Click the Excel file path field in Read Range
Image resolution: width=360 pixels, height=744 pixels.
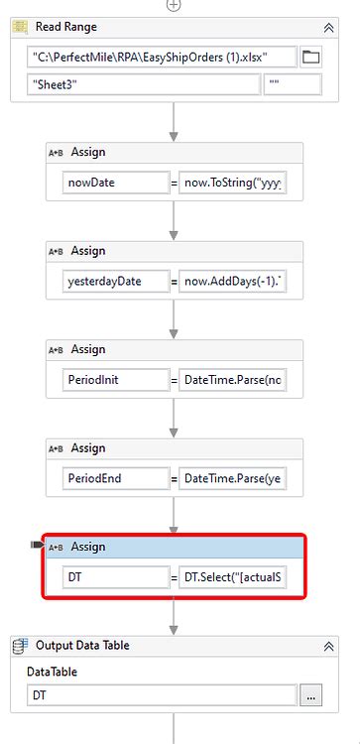click(x=163, y=57)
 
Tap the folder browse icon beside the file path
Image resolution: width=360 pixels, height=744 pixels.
click(x=311, y=57)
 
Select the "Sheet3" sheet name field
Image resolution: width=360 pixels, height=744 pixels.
click(x=143, y=85)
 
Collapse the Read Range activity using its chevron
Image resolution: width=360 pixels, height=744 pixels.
click(x=328, y=28)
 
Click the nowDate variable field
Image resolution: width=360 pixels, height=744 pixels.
click(x=117, y=183)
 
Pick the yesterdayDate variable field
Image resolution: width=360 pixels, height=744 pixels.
click(x=117, y=281)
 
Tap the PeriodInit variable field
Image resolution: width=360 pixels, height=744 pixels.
click(x=117, y=380)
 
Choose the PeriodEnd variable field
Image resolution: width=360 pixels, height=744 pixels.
click(x=117, y=478)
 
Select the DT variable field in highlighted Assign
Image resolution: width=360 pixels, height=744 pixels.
click(x=117, y=577)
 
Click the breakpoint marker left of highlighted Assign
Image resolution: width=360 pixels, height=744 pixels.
click(x=38, y=546)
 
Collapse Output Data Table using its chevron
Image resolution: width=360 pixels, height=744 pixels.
click(x=328, y=645)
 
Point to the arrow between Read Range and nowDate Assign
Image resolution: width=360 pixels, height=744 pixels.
click(x=174, y=123)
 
